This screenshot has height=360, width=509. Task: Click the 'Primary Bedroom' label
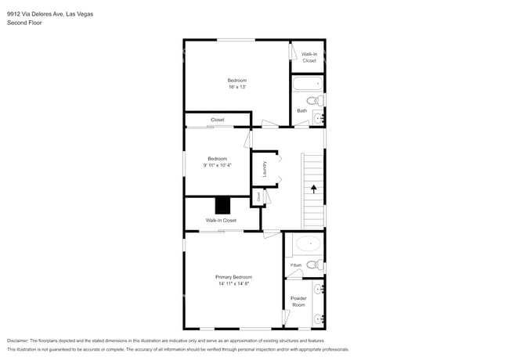(234, 277)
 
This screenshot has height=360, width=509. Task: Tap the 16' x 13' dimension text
(237, 88)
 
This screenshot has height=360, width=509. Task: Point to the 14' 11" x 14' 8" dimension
(234, 284)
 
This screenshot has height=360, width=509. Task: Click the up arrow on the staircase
(313, 189)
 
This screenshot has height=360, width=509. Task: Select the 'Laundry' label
(265, 169)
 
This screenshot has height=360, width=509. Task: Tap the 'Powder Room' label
(298, 301)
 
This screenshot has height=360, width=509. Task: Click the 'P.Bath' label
(296, 265)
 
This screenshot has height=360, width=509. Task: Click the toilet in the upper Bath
(313, 101)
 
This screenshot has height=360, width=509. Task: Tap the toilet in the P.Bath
(312, 265)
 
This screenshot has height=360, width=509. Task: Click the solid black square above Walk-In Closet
(223, 206)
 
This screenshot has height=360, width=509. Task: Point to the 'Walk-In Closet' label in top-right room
(309, 57)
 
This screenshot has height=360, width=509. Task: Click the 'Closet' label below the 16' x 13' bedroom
(217, 120)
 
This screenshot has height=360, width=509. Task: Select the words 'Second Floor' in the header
(23, 23)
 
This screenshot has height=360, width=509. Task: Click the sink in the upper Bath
(318, 117)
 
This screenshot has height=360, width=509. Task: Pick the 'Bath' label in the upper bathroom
(301, 110)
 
